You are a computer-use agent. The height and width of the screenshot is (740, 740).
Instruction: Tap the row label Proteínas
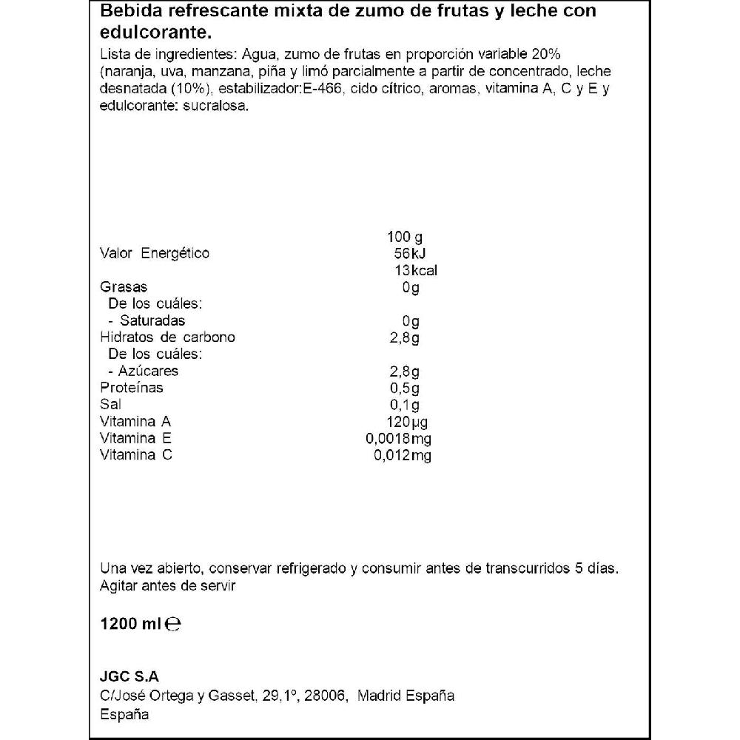click(x=131, y=388)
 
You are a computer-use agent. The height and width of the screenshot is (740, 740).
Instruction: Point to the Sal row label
click(x=110, y=405)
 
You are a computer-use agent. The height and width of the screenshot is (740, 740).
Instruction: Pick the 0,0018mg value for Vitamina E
click(x=398, y=439)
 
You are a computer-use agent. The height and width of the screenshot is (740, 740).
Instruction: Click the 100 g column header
click(x=404, y=238)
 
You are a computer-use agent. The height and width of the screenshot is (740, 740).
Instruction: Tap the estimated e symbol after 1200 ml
click(x=173, y=625)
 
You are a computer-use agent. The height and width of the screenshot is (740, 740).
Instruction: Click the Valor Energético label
click(x=155, y=253)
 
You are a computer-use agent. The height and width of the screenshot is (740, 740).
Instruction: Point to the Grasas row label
click(x=124, y=287)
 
